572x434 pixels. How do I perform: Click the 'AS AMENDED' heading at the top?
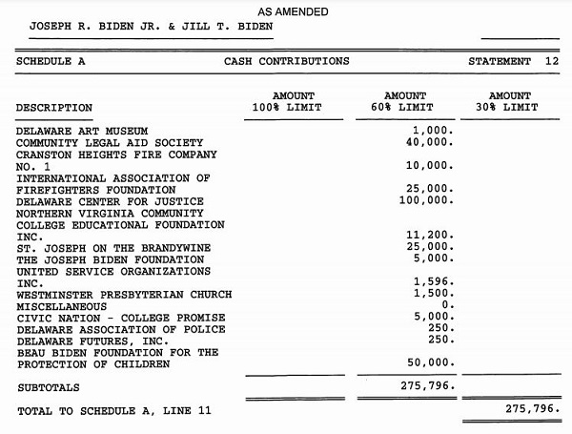tap(293, 11)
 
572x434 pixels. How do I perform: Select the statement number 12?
tap(552, 61)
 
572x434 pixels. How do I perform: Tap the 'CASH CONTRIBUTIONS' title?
tap(286, 61)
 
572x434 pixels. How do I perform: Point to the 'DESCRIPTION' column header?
tap(54, 108)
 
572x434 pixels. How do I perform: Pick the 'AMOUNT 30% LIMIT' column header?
tap(509, 102)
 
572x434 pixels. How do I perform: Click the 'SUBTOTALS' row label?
tap(49, 388)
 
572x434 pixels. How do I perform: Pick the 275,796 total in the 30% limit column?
tap(534, 409)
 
